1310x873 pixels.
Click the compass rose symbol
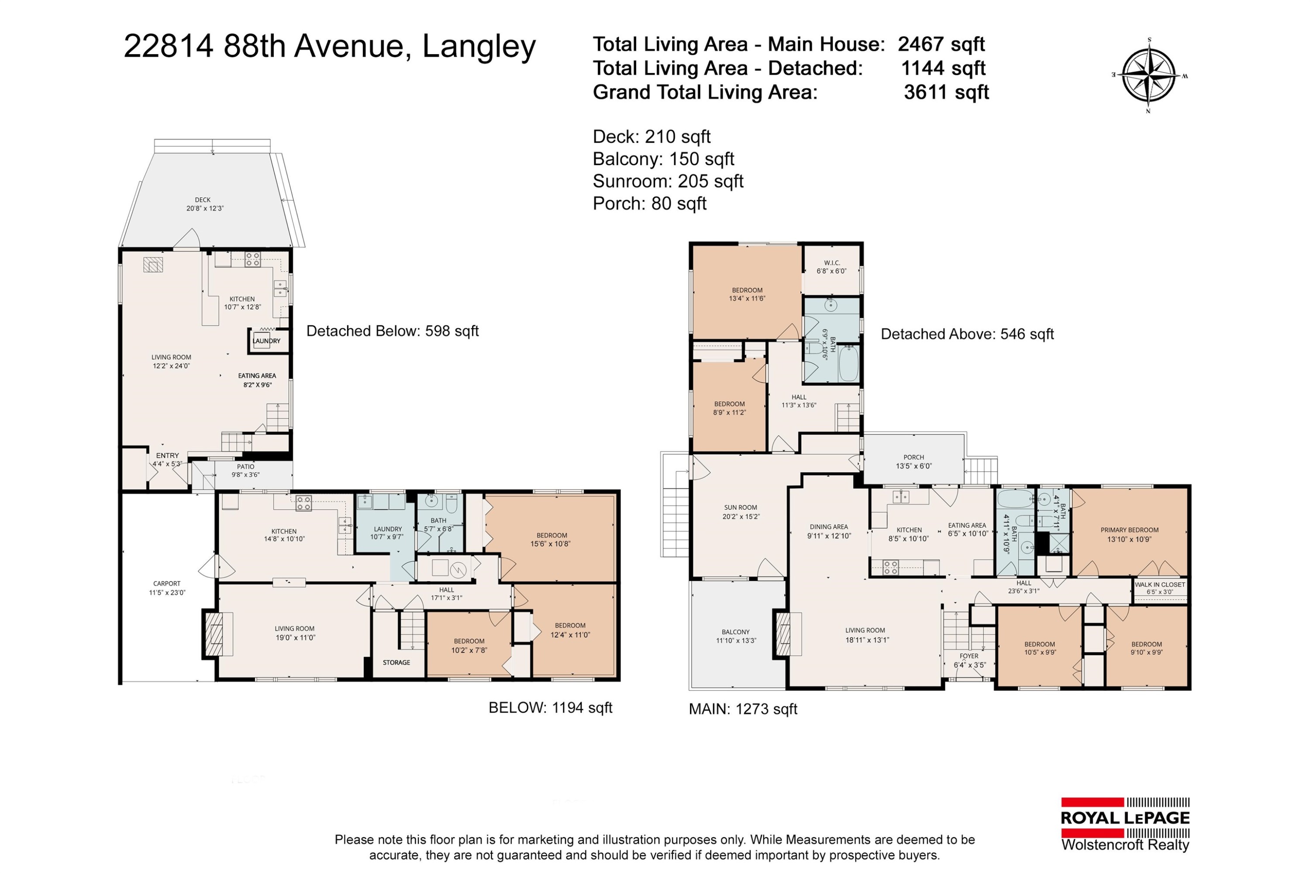click(x=1148, y=75)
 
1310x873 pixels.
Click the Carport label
click(x=167, y=588)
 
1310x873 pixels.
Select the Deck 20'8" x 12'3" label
click(x=204, y=204)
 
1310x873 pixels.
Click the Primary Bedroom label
click(x=1129, y=535)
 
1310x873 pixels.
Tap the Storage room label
click(x=396, y=663)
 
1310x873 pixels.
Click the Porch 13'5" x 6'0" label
click(x=914, y=462)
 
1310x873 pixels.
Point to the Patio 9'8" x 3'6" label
click(x=245, y=470)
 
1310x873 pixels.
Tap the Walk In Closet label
click(x=1160, y=588)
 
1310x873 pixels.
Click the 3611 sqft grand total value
click(x=946, y=92)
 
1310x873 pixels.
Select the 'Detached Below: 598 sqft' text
click(x=393, y=331)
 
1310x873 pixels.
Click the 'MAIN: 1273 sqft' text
click(x=743, y=709)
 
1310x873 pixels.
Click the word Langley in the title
click(x=479, y=46)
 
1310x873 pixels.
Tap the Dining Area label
click(x=829, y=531)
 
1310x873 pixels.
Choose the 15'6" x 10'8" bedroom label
click(x=551, y=539)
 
